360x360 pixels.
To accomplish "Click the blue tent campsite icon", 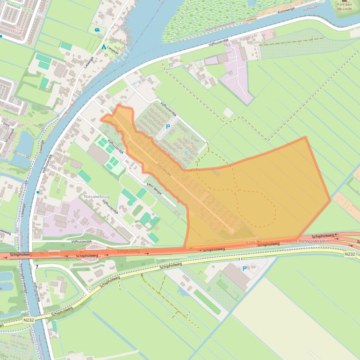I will point(104,47).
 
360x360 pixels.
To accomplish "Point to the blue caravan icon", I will point(97,30).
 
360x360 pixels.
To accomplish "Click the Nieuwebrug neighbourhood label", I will point(96,197).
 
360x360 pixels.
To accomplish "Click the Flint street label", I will point(7,125).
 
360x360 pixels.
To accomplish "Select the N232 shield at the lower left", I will point(28,321).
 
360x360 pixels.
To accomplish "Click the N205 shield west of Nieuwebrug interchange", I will point(54,253).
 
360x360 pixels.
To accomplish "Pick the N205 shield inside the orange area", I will point(250,242).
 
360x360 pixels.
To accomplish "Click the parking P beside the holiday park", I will point(168,127).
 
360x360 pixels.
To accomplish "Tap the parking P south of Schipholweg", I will point(244,269).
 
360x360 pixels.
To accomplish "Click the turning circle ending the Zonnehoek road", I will point(231,230).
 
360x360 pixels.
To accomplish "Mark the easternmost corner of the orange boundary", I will point(331,201).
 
